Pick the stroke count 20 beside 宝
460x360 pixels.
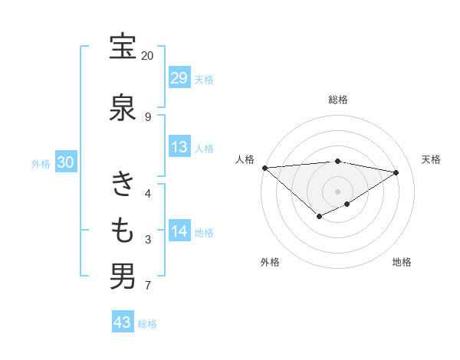[147, 56]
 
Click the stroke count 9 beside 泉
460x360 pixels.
[147, 116]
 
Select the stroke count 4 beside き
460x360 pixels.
[147, 193]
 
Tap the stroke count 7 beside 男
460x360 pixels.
[147, 286]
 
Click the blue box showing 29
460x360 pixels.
[179, 78]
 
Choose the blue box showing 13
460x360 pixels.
[179, 147]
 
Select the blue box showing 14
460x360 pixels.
[179, 231]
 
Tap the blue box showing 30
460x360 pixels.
[65, 162]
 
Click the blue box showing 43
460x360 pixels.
[123, 322]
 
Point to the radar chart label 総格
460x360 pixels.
[338, 100]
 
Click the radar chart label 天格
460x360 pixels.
[432, 159]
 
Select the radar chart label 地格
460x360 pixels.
[402, 263]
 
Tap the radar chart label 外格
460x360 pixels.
[269, 263]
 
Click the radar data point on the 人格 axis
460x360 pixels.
[264, 168]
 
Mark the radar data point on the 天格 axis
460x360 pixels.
[396, 172]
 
